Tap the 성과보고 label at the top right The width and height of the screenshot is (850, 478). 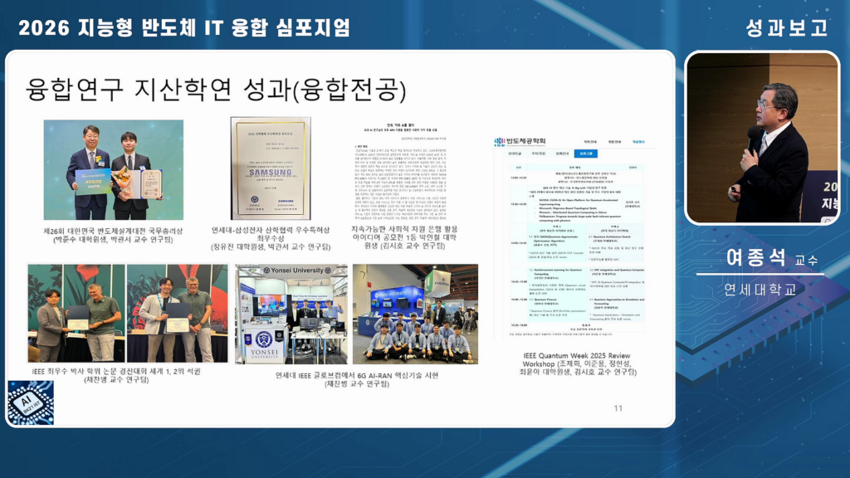coord(786,27)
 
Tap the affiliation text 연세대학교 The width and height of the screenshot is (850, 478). coord(760,290)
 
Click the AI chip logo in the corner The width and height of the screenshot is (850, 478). coord(30,402)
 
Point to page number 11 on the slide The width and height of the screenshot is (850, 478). coord(618,407)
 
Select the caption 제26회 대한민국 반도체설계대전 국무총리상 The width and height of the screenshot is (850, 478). coord(114,235)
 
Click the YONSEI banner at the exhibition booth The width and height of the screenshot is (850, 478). coord(264,344)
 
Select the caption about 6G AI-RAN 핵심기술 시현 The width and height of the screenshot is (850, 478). coord(356,379)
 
